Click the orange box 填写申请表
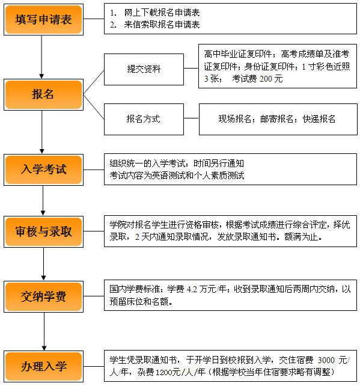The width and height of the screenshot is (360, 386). pos(43,19)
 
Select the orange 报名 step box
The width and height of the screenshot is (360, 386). pos(43,94)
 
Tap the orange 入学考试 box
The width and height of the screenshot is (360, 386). pos(43,170)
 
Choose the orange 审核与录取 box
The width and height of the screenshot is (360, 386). pos(43,231)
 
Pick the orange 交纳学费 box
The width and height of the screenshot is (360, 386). pos(43,296)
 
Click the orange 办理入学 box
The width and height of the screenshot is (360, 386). pos(43,367)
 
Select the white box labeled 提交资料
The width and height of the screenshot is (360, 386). pos(144,69)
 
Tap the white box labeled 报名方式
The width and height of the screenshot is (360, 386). pos(144,119)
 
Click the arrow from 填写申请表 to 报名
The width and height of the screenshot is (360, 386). pos(41,57)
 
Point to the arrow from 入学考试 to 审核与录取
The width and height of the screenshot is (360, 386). pos(43,200)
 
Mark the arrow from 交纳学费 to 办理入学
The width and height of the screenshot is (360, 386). pos(44,332)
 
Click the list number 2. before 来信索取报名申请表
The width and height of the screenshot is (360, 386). pos(113,25)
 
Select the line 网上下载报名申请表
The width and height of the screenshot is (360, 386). pos(162,13)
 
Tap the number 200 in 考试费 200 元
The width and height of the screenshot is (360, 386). pos(266,79)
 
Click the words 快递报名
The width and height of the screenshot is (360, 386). pos(319,119)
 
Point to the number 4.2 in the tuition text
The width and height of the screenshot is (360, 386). pos(192,289)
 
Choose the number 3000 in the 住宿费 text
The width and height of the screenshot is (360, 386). pos(326,360)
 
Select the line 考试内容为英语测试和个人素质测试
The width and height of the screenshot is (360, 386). pos(177,176)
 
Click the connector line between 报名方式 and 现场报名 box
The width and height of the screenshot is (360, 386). pos(191,118)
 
